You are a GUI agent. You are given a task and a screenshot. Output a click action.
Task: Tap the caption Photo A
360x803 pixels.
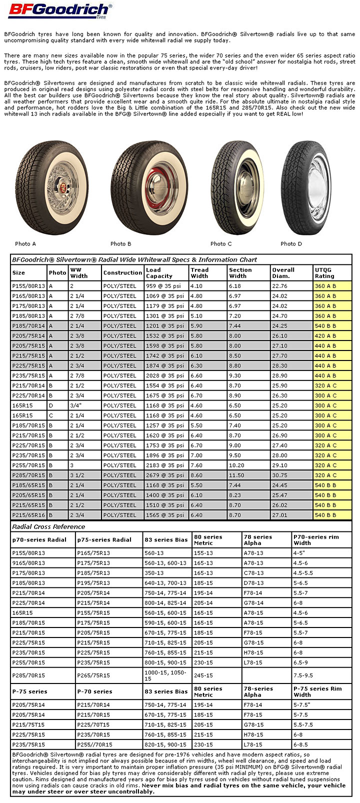(25, 243)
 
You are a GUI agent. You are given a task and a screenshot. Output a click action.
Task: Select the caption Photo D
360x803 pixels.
(291, 243)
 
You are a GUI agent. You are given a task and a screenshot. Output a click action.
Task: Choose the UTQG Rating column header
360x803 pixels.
(324, 272)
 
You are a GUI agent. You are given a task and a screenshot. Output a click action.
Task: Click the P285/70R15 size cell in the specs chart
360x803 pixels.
(28, 475)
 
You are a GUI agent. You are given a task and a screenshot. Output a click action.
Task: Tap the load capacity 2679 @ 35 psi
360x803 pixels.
(164, 475)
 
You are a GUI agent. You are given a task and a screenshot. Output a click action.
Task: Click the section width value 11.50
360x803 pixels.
(237, 475)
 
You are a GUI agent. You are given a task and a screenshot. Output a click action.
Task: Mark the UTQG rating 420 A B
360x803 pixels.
(325, 335)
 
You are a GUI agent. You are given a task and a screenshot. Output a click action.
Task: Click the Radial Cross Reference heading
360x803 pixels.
(48, 526)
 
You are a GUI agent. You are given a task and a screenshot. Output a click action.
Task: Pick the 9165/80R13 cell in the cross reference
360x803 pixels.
(28, 563)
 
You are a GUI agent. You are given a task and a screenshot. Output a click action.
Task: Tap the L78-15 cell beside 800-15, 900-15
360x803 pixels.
(253, 662)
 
